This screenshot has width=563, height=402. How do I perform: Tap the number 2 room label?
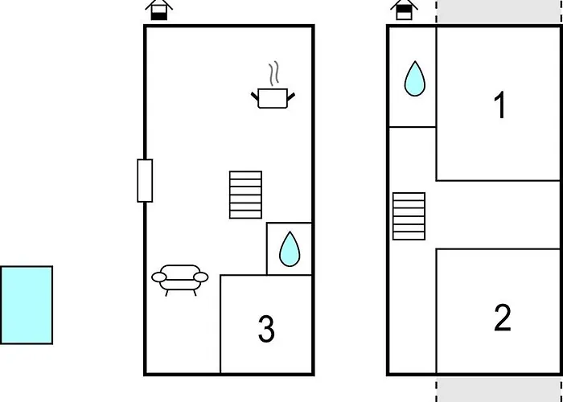(x=503, y=318)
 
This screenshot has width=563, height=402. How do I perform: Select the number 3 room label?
(x=266, y=329)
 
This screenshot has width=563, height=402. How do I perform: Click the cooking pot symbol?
(x=273, y=98)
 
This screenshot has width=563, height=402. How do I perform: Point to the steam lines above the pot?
(x=274, y=74)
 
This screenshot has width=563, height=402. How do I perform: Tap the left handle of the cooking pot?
(x=255, y=96)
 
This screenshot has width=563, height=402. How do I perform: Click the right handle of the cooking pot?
(x=291, y=96)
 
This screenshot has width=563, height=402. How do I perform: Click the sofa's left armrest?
(x=159, y=277)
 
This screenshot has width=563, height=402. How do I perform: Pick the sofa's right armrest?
(x=201, y=277)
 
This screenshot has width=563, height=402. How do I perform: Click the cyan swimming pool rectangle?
(x=27, y=305)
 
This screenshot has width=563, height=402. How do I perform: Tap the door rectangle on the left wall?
(x=145, y=181)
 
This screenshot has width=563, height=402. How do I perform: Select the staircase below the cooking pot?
(x=245, y=195)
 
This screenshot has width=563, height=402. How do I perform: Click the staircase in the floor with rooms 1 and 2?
(x=409, y=216)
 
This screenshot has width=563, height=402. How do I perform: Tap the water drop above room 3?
(x=290, y=248)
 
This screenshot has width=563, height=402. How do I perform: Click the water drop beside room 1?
(x=415, y=79)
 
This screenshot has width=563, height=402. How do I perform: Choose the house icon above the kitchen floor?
(x=159, y=10)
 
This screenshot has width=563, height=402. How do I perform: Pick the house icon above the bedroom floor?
(x=405, y=10)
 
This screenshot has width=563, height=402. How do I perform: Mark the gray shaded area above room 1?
(x=499, y=12)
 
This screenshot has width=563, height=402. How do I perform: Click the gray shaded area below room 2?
(x=499, y=389)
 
